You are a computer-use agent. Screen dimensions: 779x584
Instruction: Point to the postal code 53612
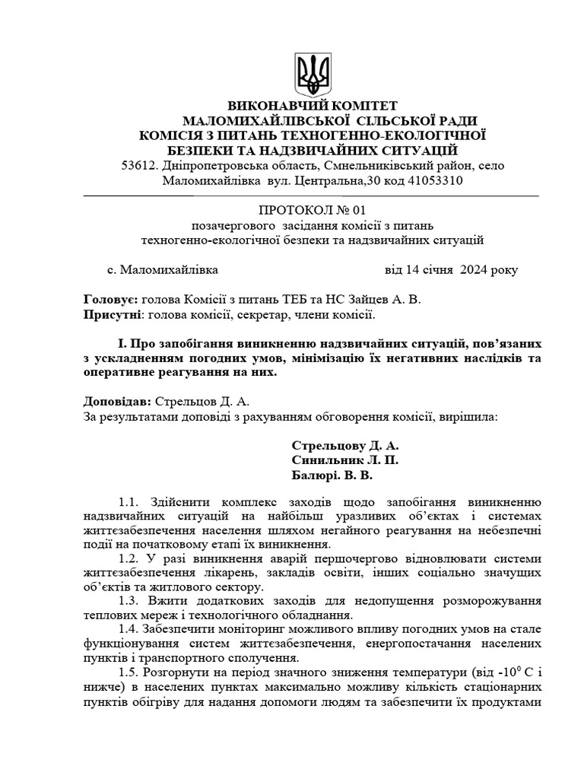click(x=138, y=166)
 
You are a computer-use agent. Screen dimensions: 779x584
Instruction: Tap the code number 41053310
click(x=429, y=181)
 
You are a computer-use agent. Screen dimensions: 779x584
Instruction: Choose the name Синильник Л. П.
click(x=344, y=461)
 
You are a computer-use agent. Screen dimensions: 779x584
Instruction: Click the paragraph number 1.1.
click(x=131, y=502)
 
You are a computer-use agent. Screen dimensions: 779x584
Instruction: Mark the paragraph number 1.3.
click(x=131, y=599)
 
